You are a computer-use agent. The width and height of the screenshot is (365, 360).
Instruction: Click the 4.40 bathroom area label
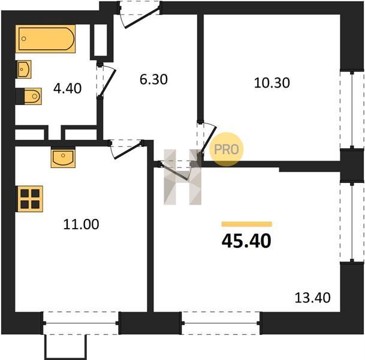tap(67, 89)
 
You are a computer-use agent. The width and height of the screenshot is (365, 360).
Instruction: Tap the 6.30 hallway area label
tap(153, 79)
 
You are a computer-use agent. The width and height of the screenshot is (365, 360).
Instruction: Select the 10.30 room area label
tap(272, 83)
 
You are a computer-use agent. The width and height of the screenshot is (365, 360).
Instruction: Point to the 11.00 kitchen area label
tap(81, 224)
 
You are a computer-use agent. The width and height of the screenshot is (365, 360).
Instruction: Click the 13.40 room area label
tap(312, 298)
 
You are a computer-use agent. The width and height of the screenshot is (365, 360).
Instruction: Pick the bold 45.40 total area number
tap(246, 241)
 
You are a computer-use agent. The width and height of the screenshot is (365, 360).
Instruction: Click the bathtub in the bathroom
tap(46, 38)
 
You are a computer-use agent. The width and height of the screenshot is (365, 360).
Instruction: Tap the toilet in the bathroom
tap(29, 96)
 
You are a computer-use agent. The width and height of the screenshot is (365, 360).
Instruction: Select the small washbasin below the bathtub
tap(24, 69)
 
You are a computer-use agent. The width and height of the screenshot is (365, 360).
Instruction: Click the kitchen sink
tap(63, 158)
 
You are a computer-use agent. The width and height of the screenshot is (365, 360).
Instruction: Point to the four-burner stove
tap(29, 199)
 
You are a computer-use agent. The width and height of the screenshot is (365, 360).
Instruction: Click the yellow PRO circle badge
tap(227, 149)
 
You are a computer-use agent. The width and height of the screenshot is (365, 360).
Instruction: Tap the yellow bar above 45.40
tap(247, 224)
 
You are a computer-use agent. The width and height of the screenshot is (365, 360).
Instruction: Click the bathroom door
tap(106, 81)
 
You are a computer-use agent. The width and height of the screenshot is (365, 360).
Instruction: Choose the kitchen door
tap(126, 149)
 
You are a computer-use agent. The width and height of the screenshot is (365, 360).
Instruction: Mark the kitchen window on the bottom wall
tap(81, 323)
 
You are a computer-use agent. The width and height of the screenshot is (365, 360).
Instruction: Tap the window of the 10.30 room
tap(352, 110)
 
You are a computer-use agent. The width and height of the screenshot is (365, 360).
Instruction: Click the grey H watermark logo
tap(182, 177)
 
